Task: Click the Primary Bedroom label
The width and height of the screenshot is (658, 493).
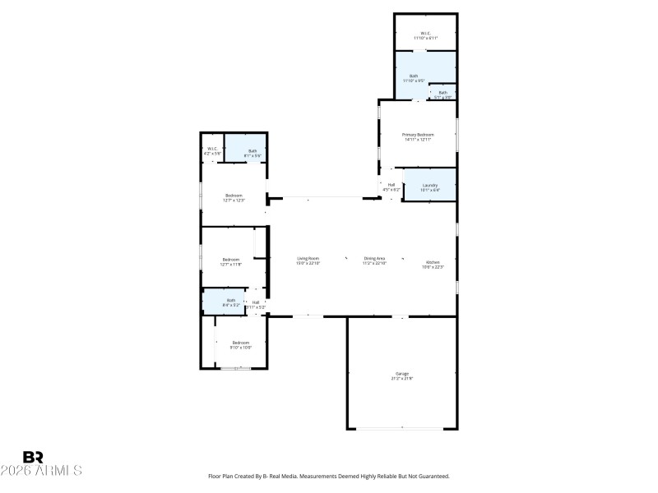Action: pyautogui.click(x=418, y=136)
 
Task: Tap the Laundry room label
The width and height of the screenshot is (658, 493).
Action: pyautogui.click(x=430, y=187)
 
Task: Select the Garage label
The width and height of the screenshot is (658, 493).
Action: pyautogui.click(x=402, y=376)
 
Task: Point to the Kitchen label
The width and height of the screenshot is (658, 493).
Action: pyautogui.click(x=433, y=264)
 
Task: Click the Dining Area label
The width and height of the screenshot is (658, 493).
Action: pyautogui.click(x=375, y=260)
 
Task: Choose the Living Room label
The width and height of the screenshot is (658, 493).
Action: pyautogui.click(x=308, y=260)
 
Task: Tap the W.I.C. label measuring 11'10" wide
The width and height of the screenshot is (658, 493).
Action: pyautogui.click(x=425, y=35)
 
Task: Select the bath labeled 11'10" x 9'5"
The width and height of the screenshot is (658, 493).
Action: pyautogui.click(x=414, y=78)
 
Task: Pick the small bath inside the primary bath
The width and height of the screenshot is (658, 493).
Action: pyautogui.click(x=443, y=94)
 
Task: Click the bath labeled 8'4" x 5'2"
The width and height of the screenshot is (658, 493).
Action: pyautogui.click(x=231, y=302)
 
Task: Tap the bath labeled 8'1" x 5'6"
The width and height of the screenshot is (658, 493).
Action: pyautogui.click(x=253, y=152)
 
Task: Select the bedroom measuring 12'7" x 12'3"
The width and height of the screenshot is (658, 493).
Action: pyautogui.click(x=234, y=197)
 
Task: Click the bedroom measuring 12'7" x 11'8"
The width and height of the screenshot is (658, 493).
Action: pyautogui.click(x=231, y=261)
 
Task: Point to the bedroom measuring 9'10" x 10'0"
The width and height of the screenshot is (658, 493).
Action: pyautogui.click(x=240, y=344)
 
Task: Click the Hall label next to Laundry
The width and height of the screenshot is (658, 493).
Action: pyautogui.click(x=392, y=186)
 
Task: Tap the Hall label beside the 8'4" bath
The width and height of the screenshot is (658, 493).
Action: pyautogui.click(x=256, y=304)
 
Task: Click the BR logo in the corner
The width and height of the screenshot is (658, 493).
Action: pyautogui.click(x=33, y=457)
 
